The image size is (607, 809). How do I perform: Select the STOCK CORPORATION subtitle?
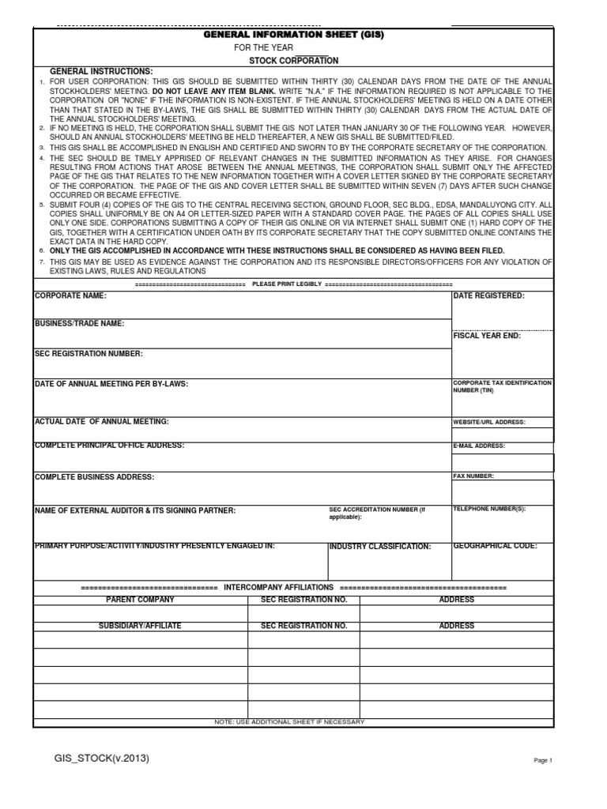click(x=293, y=61)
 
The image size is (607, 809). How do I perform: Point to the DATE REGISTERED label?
click(x=488, y=295)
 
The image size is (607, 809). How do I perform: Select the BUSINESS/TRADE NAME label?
click(x=79, y=324)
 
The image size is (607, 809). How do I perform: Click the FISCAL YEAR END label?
click(x=487, y=336)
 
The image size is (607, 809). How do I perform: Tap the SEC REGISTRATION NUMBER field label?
click(x=89, y=353)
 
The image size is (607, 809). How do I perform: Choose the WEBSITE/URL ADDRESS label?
click(x=488, y=422)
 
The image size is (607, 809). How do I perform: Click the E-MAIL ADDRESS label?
click(x=479, y=446)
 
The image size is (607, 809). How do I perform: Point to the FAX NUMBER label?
click(x=473, y=476)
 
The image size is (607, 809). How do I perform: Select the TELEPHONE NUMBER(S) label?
click(x=488, y=510)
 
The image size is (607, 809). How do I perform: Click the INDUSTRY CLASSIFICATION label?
click(x=380, y=547)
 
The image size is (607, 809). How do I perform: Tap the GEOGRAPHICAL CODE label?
click(x=495, y=546)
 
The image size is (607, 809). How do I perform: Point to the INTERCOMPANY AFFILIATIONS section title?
click(x=280, y=589)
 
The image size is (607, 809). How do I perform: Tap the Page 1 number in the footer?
click(x=543, y=760)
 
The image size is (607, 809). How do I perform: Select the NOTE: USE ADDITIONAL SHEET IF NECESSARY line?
click(x=289, y=722)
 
